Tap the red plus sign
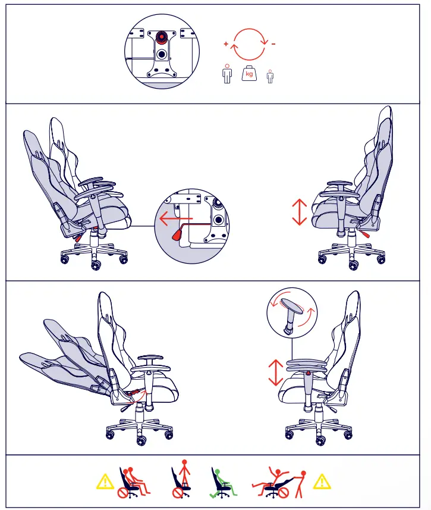[226, 44]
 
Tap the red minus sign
[273, 44]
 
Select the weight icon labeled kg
[249, 74]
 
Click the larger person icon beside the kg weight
[226, 74]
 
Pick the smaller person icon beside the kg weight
[270, 76]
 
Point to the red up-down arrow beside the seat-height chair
[298, 212]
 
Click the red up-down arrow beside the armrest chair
[275, 372]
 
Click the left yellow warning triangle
[105, 480]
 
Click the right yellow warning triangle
[321, 480]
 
